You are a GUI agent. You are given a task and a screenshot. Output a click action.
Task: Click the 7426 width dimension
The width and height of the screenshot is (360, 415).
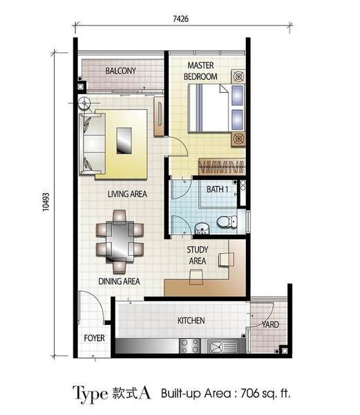coord(181,19)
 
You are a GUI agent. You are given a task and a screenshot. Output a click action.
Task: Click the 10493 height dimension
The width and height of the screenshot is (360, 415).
coord(46,202)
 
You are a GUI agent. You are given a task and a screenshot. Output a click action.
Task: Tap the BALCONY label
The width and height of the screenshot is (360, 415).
coord(120,71)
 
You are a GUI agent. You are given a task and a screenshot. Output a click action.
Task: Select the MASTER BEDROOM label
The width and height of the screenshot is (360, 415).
coord(200,71)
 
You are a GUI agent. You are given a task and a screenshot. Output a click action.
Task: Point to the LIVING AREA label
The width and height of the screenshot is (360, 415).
coord(127,194)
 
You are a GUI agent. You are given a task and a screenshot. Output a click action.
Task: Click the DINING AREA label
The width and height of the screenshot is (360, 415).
coord(119,281)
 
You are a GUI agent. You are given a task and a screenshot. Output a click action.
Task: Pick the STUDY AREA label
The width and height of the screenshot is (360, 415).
coord(198,255)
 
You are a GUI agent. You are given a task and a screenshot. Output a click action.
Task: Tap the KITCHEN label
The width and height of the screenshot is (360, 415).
coord(191,321)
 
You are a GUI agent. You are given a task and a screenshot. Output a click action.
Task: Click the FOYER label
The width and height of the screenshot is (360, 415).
coord(94,338)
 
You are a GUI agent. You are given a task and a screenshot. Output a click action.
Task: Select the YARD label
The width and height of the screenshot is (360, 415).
coord(270,324)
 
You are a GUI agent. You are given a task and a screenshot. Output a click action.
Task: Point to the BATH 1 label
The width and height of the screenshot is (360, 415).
coord(217,190)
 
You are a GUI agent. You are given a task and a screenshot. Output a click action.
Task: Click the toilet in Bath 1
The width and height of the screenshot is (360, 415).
coord(227,222)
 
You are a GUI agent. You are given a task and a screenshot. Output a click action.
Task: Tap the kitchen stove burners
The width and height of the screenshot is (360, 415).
coord(190,346)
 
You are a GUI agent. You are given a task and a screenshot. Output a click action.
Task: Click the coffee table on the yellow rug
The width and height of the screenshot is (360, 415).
coord(124,140)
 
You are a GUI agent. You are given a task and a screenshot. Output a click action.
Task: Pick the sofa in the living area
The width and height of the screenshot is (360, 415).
coord(92,145)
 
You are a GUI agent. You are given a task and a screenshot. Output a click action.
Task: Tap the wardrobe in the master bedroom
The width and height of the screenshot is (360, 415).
coord(221,167)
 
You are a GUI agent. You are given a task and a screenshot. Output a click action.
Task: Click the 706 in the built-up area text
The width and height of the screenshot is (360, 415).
coord(249,393)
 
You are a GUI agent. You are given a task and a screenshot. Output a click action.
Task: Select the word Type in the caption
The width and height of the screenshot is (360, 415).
coord(90,394)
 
